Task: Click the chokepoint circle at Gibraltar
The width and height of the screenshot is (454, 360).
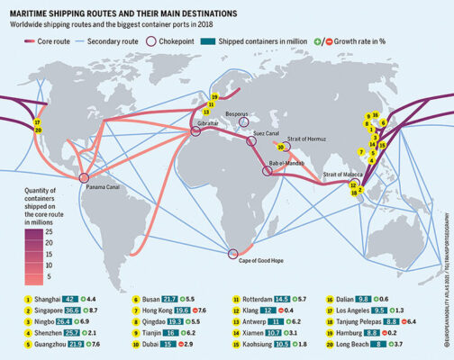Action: click(194, 131)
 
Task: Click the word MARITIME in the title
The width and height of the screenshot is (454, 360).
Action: click(34, 14)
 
